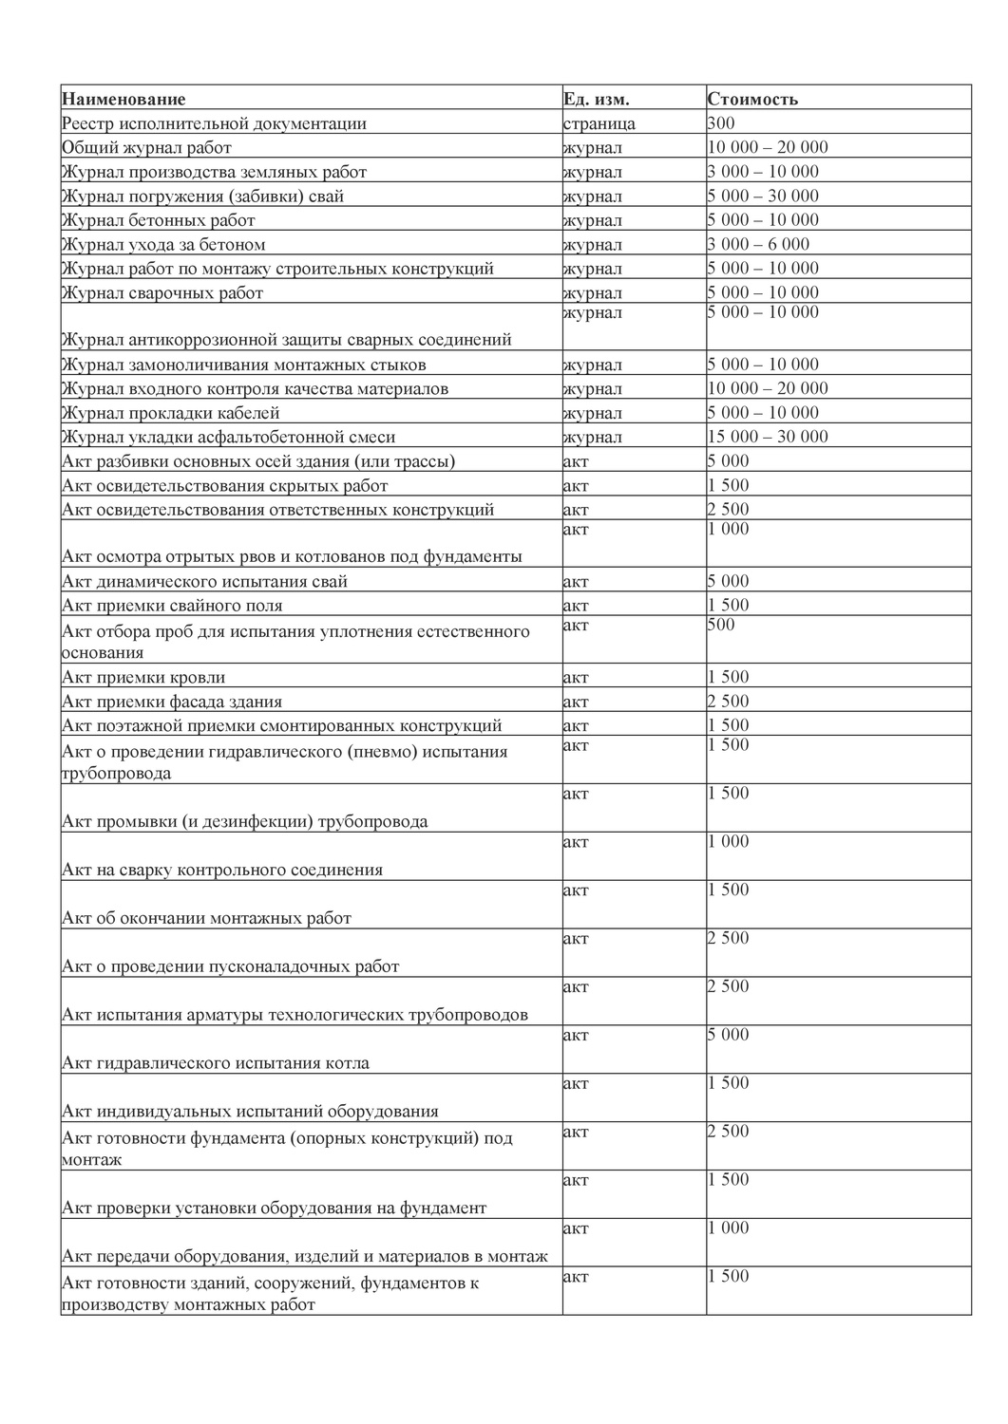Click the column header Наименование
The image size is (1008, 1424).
124,99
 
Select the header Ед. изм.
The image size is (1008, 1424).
596,99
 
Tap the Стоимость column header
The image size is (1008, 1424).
752,99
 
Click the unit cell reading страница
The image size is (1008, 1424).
599,123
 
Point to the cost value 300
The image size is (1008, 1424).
721,122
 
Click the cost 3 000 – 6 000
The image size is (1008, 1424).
758,244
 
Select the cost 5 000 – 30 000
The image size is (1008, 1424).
763,196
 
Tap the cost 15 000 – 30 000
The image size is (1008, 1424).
768,437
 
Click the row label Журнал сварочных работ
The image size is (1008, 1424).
162,292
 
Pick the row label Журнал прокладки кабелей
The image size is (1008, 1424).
171,413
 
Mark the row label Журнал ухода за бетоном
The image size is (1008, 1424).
163,244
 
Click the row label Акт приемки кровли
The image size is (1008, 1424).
143,677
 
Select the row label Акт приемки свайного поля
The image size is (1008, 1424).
172,606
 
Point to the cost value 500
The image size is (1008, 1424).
721,625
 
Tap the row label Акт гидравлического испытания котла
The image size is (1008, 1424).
216,1063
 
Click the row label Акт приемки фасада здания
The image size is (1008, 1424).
172,702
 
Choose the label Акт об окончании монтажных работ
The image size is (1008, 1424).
206,918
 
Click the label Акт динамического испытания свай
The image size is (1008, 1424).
204,581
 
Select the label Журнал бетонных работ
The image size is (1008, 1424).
159,220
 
